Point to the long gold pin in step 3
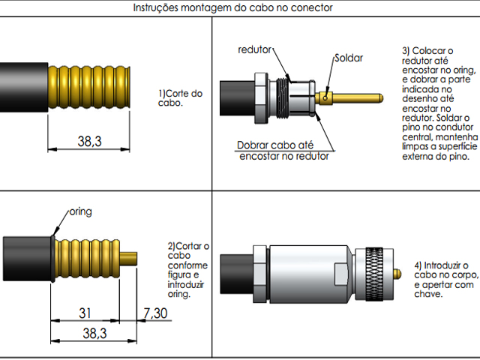(x=360, y=97)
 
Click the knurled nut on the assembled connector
(x=377, y=266)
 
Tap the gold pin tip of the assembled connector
(x=395, y=266)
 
